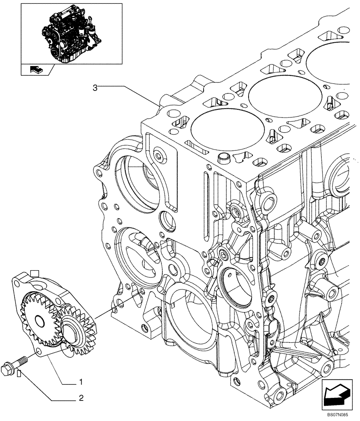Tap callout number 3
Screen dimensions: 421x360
tap(95, 87)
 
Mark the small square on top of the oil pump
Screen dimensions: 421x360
tap(35, 273)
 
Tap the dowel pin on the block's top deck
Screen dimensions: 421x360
tap(225, 159)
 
